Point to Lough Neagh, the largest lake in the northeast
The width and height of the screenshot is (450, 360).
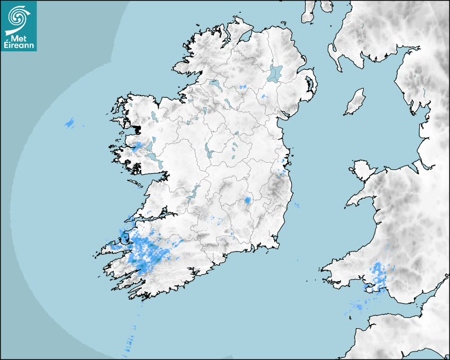coord(275,73)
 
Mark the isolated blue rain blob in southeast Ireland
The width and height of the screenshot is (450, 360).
coord(247,201)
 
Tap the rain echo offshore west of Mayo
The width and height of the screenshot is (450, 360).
coord(70,123)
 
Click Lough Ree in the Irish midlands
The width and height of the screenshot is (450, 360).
coord(208,152)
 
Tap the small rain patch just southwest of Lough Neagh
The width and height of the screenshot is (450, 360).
coord(264,96)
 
